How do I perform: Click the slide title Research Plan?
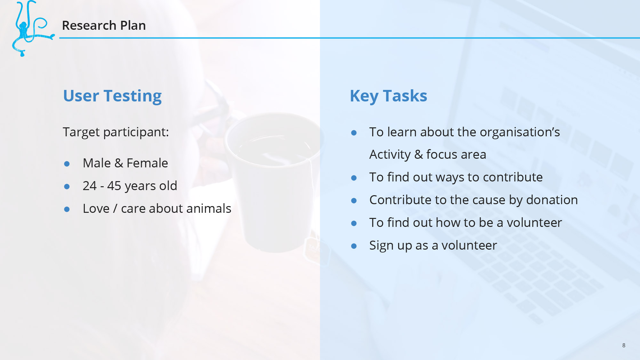point(104,25)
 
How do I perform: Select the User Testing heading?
point(112,96)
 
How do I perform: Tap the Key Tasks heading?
point(388,96)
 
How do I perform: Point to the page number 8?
point(624,345)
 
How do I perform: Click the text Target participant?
point(116,132)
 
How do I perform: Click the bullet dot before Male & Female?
point(67,164)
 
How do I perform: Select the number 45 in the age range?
point(114,186)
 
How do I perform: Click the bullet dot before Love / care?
point(67,209)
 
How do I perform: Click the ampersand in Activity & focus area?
point(419,155)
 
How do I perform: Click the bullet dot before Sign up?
point(354,246)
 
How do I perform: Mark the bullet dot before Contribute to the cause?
point(354,201)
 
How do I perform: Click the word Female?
point(147,163)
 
